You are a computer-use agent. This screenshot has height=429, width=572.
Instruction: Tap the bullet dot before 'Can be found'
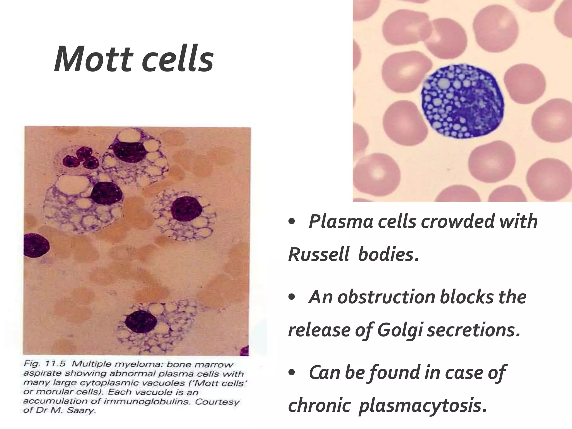coord(292,373)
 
